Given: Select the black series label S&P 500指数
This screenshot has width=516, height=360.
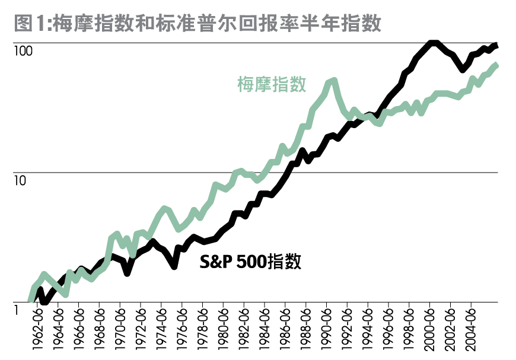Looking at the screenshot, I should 250,262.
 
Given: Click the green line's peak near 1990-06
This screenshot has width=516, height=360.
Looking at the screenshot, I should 333,81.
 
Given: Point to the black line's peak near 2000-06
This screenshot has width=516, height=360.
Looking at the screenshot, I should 433,43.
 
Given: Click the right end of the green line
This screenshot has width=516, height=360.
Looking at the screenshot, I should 497,65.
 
